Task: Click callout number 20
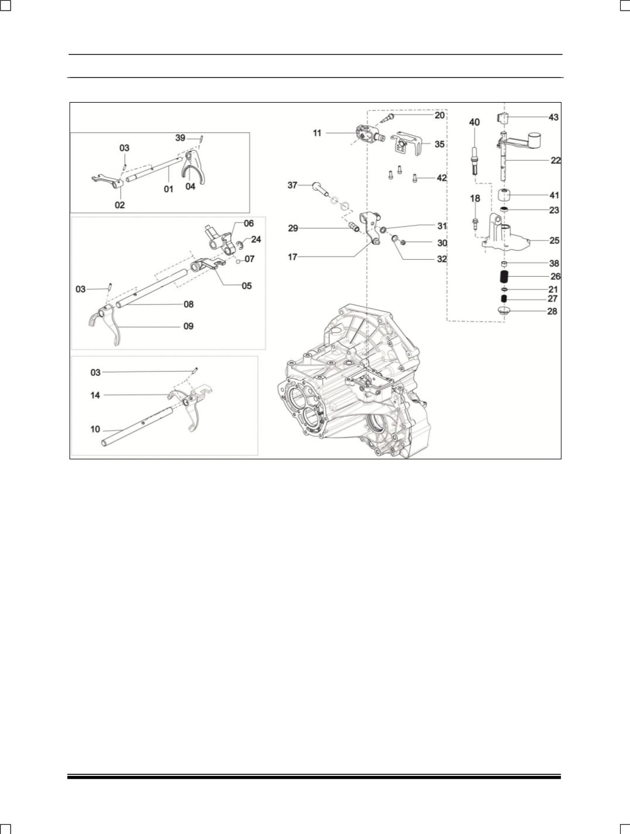439,116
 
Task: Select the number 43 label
553,117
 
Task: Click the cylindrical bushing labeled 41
505,195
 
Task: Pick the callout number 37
292,185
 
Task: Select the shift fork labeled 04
192,167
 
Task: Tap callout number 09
188,326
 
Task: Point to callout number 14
96,395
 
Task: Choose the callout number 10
96,429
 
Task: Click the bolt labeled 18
475,223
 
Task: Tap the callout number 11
317,133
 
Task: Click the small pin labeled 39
201,138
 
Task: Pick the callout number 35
439,144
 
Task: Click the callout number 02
120,205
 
